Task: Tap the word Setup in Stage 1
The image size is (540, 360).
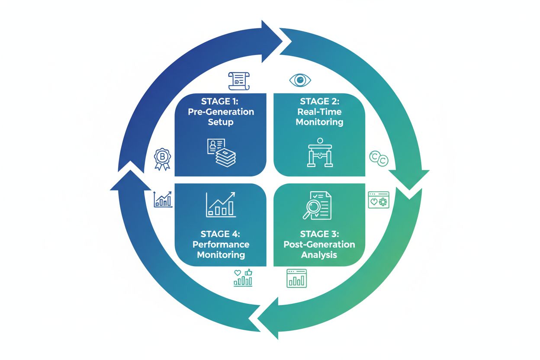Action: pos(220,122)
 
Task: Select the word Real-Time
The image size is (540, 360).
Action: pos(319,112)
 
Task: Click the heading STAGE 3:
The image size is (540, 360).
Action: pos(319,234)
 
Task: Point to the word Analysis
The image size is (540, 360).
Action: pos(319,255)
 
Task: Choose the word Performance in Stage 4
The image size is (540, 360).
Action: pos(221,244)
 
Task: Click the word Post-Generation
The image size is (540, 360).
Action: pos(319,244)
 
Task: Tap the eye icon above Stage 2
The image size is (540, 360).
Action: pos(300,80)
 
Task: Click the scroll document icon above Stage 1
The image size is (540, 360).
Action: pos(239,81)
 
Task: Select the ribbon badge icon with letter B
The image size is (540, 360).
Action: pos(163,159)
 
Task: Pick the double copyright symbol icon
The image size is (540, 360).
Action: pos(379,159)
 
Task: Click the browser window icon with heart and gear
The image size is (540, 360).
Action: pos(379,200)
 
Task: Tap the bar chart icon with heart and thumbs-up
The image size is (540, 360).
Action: pos(243,278)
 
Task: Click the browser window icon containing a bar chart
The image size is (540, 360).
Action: pos(296,278)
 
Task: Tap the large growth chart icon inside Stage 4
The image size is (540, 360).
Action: pos(221,204)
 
